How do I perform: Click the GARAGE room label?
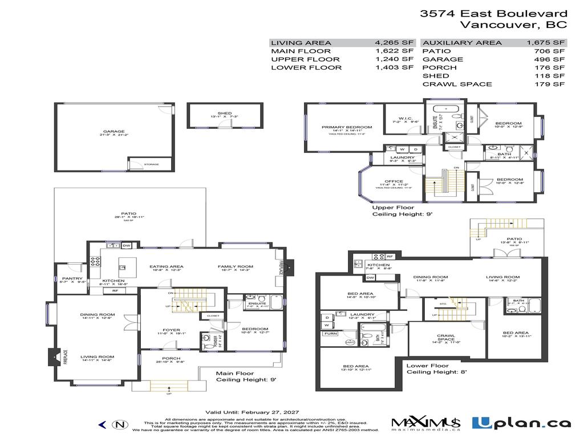pyautogui.click(x=113, y=131)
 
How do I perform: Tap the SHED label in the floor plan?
pyautogui.click(x=225, y=113)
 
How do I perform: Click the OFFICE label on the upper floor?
pyautogui.click(x=394, y=181)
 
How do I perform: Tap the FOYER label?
pyautogui.click(x=171, y=330)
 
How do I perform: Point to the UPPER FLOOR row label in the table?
pyautogui.click(x=297, y=59)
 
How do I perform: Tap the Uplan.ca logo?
pyautogui.click(x=521, y=423)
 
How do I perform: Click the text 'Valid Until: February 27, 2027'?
pyautogui.click(x=252, y=412)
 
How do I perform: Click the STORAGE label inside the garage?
pyautogui.click(x=151, y=164)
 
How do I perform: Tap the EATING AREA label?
pyautogui.click(x=166, y=266)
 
